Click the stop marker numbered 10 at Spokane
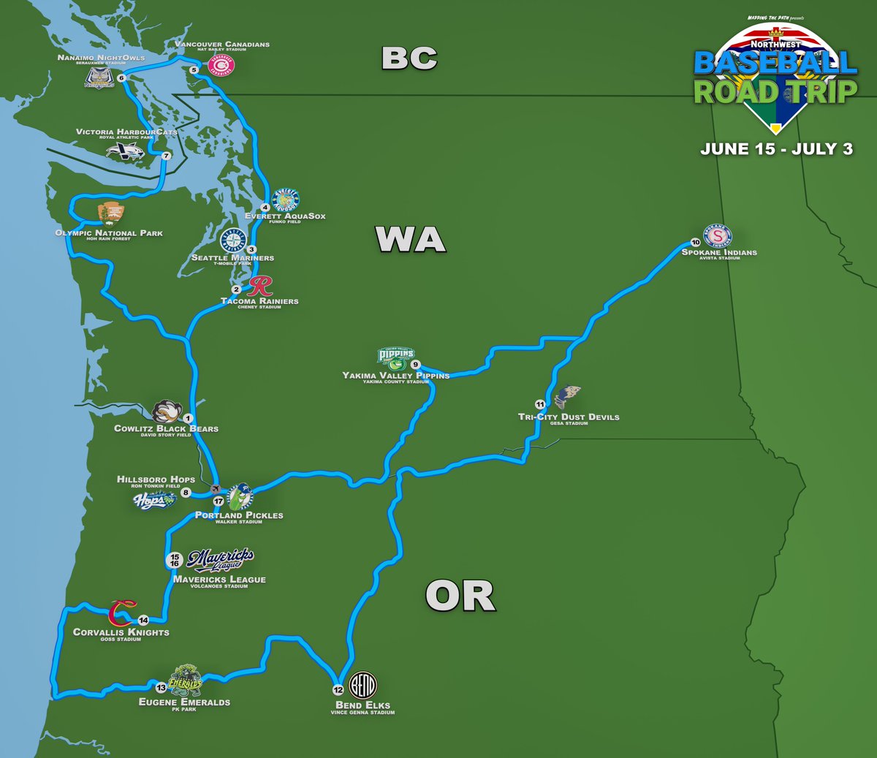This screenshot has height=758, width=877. click(x=695, y=243)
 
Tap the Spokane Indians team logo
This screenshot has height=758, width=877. click(x=718, y=235)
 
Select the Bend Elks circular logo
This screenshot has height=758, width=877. click(x=362, y=685)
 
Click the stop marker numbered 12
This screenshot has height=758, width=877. click(x=338, y=689)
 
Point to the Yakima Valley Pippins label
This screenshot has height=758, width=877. click(x=396, y=376)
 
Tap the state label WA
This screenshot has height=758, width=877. click(x=411, y=240)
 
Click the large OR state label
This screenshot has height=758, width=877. click(x=460, y=597)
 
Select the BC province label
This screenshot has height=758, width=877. click(x=409, y=58)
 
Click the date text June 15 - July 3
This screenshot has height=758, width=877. click(x=776, y=149)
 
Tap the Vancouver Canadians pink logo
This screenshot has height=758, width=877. click(x=221, y=66)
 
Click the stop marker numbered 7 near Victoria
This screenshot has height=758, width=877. click(x=166, y=156)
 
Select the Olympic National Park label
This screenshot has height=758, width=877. click(x=109, y=233)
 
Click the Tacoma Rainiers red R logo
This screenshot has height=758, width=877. click(x=260, y=286)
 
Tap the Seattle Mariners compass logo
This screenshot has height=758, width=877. click(x=233, y=240)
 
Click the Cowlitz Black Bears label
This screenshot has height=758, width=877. click(x=166, y=428)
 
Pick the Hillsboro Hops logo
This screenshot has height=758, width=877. click(x=154, y=501)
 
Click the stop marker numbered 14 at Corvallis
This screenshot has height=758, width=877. click(x=143, y=620)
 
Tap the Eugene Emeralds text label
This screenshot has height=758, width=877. click(x=184, y=702)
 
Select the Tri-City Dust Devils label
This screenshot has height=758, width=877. click(x=569, y=417)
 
